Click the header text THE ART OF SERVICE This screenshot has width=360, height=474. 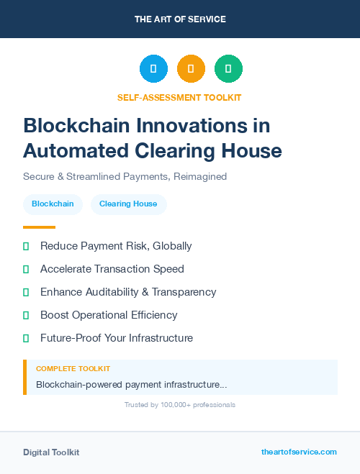pos(180,19)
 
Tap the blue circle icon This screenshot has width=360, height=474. pos(153,68)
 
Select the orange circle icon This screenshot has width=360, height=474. pos(191,68)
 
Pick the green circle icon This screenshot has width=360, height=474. pos(228,68)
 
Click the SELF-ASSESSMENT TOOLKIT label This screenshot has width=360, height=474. pos(179,97)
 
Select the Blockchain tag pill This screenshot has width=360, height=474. pos(53,204)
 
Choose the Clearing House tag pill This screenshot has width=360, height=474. pos(128,204)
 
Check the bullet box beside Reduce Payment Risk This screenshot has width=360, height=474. pos(26,246)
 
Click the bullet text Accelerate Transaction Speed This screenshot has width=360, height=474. pos(112,269)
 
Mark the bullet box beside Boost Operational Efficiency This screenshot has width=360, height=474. pos(26,315)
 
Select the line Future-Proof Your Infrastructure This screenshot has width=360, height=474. pos(117,338)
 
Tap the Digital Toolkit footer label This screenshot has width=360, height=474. pos(51,452)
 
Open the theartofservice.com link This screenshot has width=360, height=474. pos(299,452)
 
